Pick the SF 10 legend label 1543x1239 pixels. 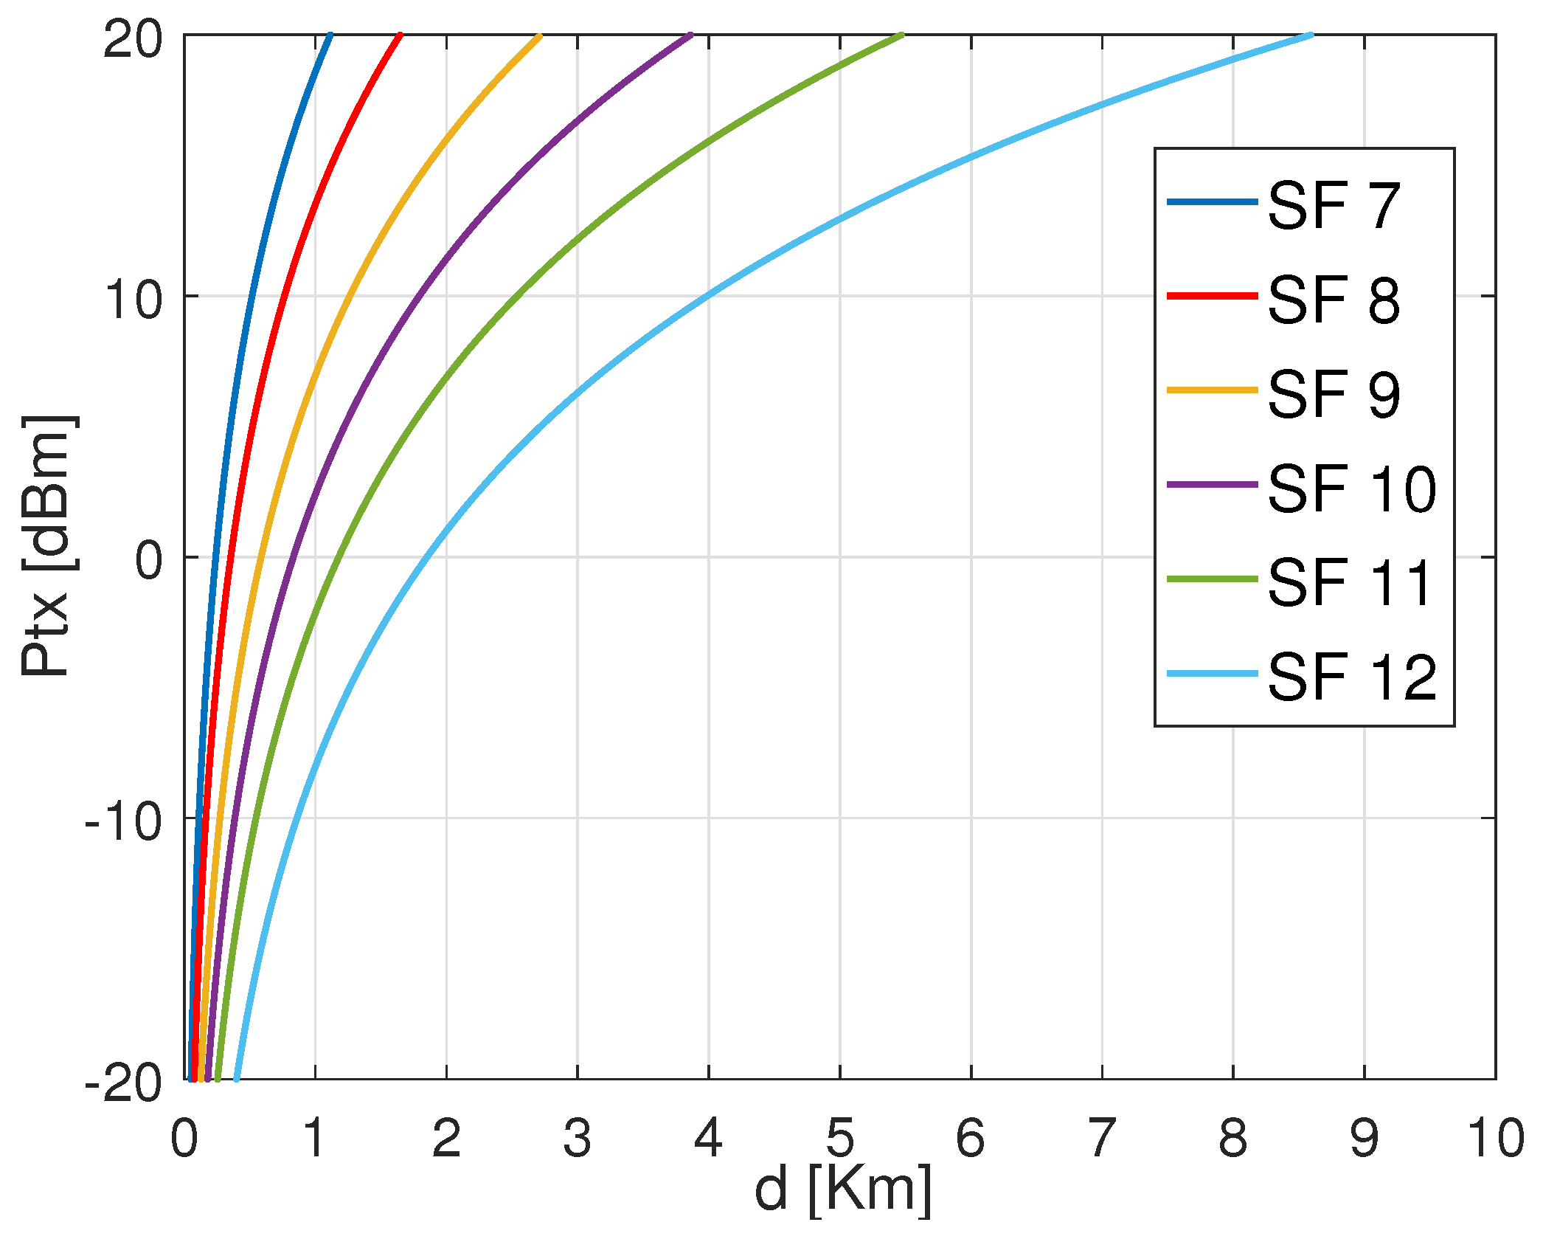coord(1352,488)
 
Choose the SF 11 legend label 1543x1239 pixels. coord(1350,582)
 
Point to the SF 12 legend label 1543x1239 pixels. coord(1352,676)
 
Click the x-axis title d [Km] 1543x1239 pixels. coord(842,1190)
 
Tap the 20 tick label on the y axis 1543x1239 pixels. coord(133,38)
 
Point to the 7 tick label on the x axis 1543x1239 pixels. coord(1102,1137)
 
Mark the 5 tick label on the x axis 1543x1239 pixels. coord(839,1137)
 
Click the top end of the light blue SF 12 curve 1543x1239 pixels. coord(1311,35)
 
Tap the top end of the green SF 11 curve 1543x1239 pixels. coord(901,35)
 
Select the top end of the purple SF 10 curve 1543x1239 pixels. coord(690,35)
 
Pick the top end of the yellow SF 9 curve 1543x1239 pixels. coord(540,35)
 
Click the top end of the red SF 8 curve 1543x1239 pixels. coord(401,35)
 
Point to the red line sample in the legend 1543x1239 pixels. coord(1211,296)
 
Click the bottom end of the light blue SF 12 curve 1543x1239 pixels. coord(236,1079)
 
